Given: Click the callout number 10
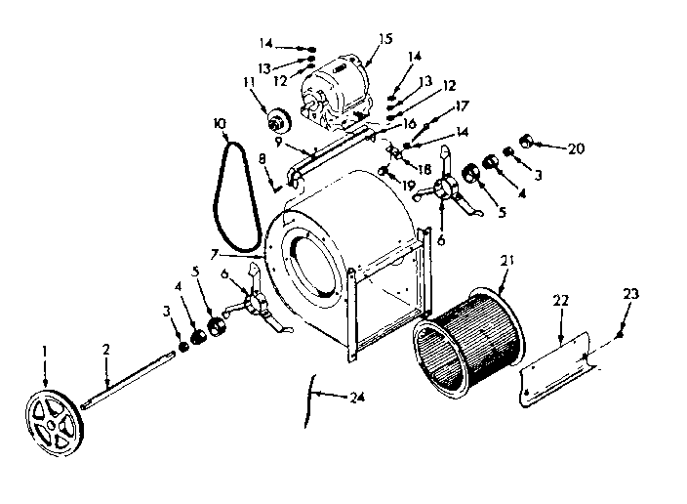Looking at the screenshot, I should pos(218,123).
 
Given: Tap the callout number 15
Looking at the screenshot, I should pos(384,39).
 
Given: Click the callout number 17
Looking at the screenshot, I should pos(463,105).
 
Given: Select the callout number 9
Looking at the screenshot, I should pos(279,139).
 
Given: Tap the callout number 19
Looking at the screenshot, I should pos(408,184).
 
